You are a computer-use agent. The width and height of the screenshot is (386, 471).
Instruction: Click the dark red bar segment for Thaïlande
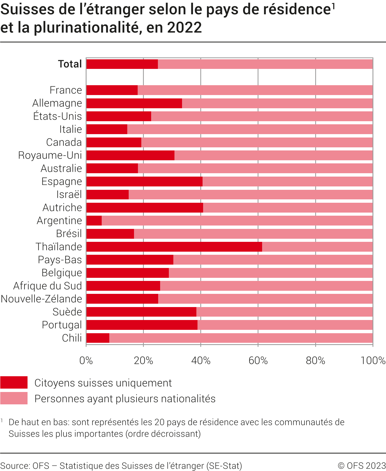(x=174, y=247)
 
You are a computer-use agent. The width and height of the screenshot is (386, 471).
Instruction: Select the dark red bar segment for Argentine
(x=94, y=220)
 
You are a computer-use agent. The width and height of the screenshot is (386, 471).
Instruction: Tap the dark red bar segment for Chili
(x=98, y=338)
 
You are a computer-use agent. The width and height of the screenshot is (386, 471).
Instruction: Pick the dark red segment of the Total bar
(x=122, y=64)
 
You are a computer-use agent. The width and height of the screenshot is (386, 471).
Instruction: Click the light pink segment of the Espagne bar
(x=287, y=181)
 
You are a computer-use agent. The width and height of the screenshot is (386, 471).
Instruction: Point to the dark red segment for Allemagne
(x=134, y=103)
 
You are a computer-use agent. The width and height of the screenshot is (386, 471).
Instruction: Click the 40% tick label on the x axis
(x=201, y=360)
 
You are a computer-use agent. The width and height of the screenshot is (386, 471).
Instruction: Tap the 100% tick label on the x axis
(x=373, y=360)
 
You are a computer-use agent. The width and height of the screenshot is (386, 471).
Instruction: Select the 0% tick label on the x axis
(x=86, y=360)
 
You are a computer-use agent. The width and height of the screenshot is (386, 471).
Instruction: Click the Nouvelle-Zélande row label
(x=42, y=299)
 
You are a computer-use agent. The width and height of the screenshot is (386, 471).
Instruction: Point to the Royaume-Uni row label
(x=50, y=155)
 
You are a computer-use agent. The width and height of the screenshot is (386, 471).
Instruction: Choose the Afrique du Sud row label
(x=48, y=286)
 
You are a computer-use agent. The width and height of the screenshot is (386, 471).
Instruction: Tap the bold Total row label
(x=70, y=64)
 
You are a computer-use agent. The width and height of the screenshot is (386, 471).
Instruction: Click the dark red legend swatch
(x=14, y=382)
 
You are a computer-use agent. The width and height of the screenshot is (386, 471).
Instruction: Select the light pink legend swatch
(x=14, y=398)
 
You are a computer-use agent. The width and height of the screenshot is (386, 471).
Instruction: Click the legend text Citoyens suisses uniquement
(x=103, y=383)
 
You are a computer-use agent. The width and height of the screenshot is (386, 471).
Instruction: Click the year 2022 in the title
(x=184, y=28)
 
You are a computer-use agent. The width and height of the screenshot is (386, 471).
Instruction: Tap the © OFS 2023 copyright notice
(x=362, y=466)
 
